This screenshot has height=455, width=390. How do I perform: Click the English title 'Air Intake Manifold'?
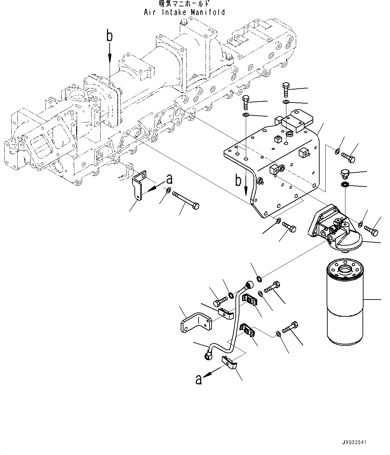(x=184, y=12)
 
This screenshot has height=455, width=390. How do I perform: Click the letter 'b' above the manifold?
(x=109, y=36)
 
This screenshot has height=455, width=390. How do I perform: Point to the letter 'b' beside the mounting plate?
(x=238, y=181)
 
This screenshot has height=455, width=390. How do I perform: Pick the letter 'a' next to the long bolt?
(x=169, y=179)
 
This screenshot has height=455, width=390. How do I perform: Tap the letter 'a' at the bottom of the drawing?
(x=199, y=379)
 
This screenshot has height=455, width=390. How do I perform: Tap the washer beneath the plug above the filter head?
(x=344, y=185)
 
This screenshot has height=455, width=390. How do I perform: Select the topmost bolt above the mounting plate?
(x=286, y=88)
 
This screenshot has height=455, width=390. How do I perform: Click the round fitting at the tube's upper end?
(x=249, y=285)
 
